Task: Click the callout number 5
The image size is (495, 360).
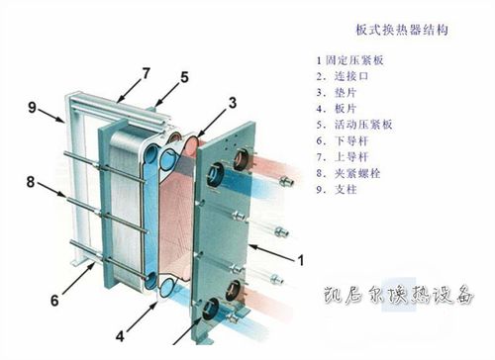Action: click(x=184, y=76)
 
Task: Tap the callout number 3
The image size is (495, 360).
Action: click(x=232, y=102)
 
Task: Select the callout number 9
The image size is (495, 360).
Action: click(x=32, y=107)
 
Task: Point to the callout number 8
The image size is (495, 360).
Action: click(x=32, y=180)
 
